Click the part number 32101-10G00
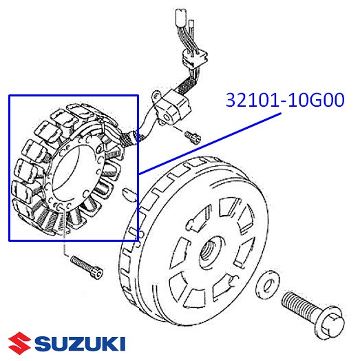click(285, 100)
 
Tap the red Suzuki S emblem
click(19, 344)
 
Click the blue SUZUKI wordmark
click(80, 344)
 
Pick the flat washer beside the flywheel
click(268, 285)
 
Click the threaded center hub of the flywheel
click(210, 251)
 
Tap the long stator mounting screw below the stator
click(87, 267)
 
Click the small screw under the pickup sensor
click(193, 137)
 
